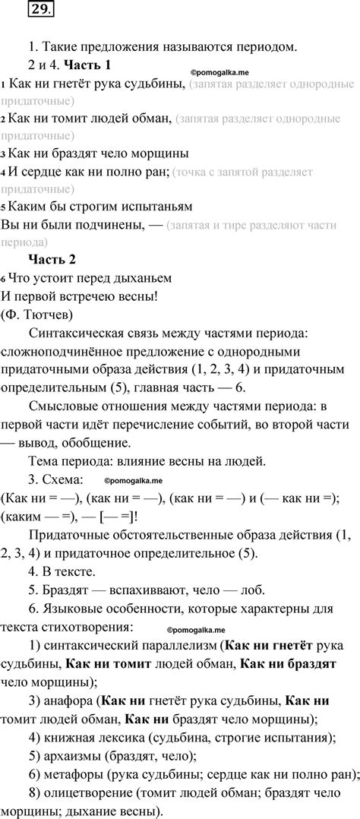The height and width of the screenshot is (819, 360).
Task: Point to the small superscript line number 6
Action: pyautogui.click(x=3, y=278)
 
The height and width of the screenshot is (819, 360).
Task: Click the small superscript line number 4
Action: pyautogui.click(x=3, y=173)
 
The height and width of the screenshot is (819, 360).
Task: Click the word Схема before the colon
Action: pyautogui.click(x=62, y=479)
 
